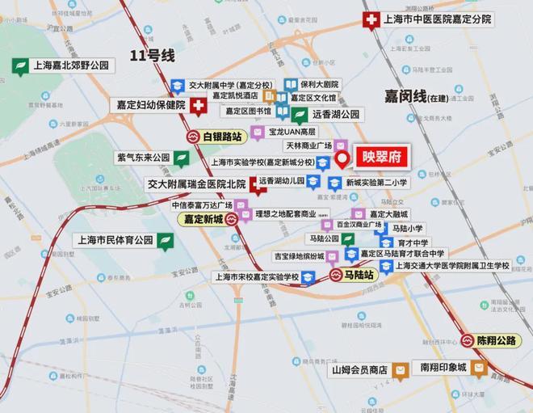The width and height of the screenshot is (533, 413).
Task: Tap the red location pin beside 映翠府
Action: click(x=342, y=158)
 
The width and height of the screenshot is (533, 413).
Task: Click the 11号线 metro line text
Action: click(x=153, y=56)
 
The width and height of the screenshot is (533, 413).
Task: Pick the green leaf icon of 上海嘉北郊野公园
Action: click(x=18, y=65)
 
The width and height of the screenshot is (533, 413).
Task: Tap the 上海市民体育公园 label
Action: click(x=113, y=240)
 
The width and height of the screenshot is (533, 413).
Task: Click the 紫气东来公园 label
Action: click(x=143, y=158)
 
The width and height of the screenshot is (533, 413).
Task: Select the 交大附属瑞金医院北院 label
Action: click(x=195, y=184)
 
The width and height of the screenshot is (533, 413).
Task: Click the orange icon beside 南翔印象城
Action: click(x=480, y=368)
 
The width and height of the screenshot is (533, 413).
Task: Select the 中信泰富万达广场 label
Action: click(x=201, y=205)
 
